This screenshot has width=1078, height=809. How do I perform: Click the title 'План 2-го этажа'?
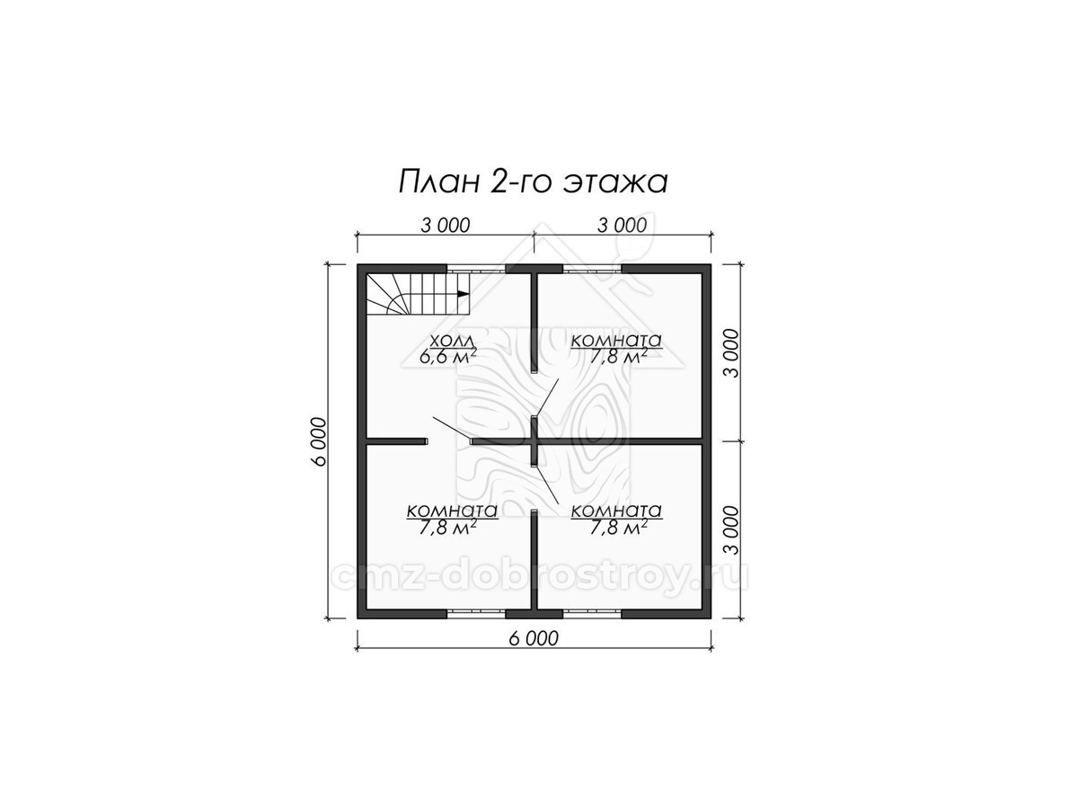[533, 182]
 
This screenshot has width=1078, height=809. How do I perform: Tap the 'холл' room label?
[452, 341]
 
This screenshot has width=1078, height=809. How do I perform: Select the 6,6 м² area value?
[448, 356]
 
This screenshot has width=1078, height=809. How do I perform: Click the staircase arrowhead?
[463, 294]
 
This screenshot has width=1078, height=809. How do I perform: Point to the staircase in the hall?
[418, 294]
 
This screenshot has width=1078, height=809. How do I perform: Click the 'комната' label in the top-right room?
[616, 341]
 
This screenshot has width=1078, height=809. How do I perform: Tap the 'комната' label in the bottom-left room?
[453, 511]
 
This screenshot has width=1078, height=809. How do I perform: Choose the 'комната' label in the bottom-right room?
[616, 511]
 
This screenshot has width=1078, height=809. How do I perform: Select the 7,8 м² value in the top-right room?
[617, 357]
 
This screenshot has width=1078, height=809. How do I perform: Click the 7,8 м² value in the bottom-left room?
[448, 528]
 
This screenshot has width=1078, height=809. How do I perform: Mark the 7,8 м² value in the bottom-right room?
[617, 528]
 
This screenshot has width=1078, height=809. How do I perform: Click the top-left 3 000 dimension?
[446, 226]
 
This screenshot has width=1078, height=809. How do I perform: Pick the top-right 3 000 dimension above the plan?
[623, 226]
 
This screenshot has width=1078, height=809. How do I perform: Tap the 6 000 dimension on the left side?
[319, 441]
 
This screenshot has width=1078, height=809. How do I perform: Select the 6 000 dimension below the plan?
[534, 638]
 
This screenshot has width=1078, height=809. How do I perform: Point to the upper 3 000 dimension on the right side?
[731, 353]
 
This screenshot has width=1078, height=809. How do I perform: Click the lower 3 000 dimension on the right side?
[731, 530]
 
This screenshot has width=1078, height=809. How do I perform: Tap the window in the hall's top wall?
[476, 269]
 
